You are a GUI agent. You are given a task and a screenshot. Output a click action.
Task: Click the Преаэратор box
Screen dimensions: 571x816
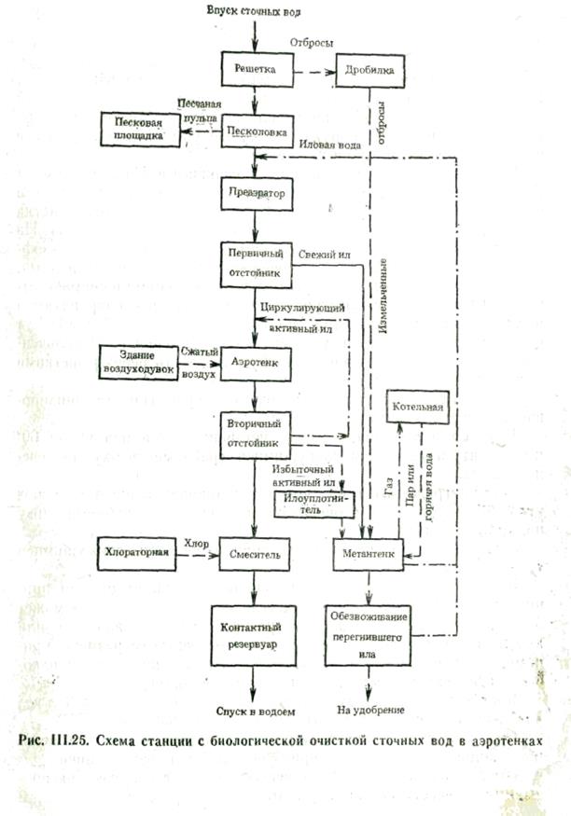point(256,193)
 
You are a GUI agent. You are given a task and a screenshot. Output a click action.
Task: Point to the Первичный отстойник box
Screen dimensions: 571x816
point(256,263)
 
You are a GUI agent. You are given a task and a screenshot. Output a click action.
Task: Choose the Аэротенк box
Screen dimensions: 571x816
point(256,357)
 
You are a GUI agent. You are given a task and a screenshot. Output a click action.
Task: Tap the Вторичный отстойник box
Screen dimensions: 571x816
point(256,431)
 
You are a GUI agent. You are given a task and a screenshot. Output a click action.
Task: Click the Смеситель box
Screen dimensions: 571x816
point(256,555)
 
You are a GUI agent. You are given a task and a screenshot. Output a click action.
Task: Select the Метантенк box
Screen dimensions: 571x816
point(369,555)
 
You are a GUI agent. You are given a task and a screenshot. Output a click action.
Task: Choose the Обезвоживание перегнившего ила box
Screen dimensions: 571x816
point(369,634)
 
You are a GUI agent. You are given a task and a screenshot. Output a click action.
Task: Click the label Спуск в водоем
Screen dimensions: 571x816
point(256,711)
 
